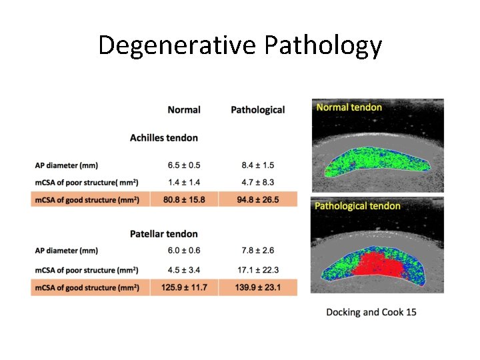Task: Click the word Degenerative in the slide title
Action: (177, 46)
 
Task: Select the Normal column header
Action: (184, 109)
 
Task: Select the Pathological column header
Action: (257, 109)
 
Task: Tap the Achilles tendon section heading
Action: (164, 138)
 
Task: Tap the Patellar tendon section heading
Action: (164, 234)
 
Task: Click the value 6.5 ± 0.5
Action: (184, 165)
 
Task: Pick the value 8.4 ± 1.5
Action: (257, 165)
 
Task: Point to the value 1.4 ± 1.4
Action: (184, 181)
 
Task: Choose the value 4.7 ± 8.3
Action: (257, 181)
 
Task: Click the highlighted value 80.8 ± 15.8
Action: (184, 199)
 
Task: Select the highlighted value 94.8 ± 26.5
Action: (257, 199)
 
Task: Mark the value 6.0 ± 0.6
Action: (184, 251)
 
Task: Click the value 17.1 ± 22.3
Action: (257, 270)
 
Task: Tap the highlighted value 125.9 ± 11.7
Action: (184, 287)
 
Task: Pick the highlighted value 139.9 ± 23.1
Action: (257, 287)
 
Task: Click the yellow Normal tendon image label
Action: (349, 107)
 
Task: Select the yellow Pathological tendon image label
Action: (357, 206)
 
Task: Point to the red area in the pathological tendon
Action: (377, 263)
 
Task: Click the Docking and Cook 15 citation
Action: (371, 312)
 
